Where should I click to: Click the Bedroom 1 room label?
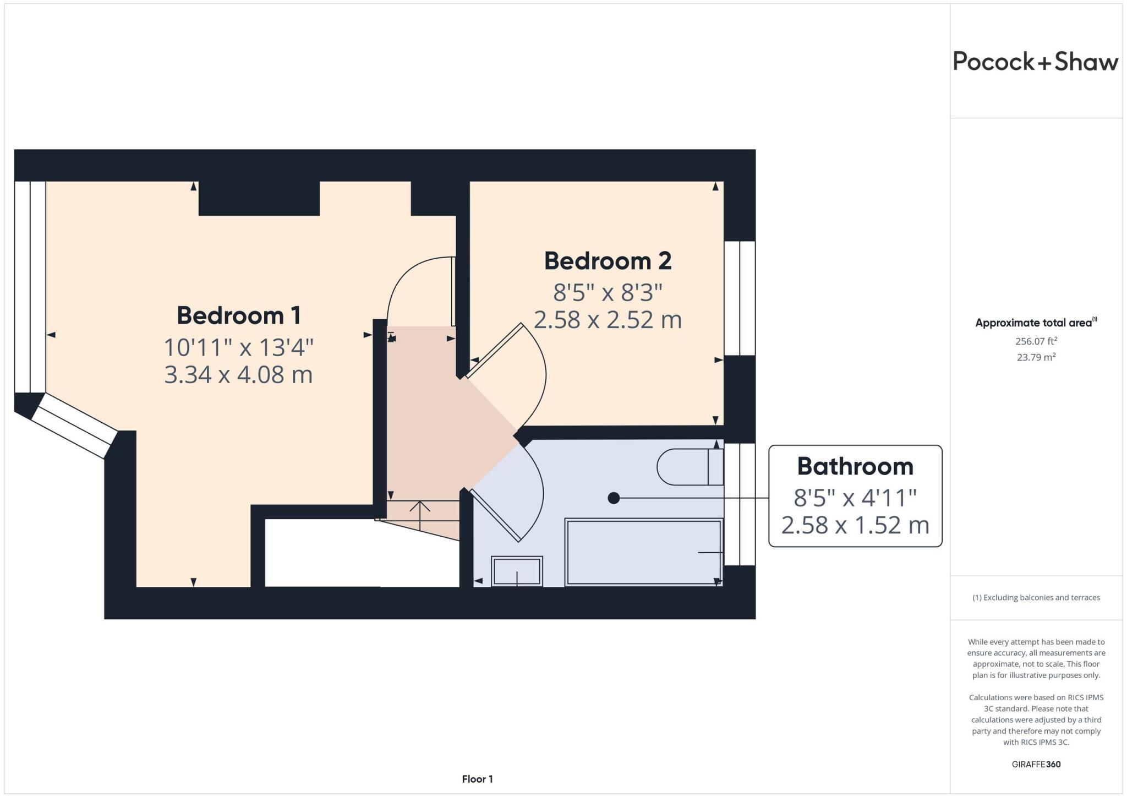[x=238, y=315]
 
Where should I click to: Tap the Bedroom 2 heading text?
[x=608, y=261]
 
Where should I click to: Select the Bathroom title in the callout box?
[x=855, y=466]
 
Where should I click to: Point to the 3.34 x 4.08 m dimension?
[x=238, y=375]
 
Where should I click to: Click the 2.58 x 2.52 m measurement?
[x=608, y=320]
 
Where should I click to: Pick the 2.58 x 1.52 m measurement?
[x=855, y=525]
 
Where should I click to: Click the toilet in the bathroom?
[x=690, y=467]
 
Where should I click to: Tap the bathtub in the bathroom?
[x=643, y=552]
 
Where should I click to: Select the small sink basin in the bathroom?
[x=517, y=571]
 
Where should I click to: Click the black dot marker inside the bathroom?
[x=614, y=498]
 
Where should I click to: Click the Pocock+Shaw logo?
[x=1035, y=61]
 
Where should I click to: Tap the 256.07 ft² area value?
[x=1036, y=341]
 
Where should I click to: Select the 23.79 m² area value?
[x=1036, y=357]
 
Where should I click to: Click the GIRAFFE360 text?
[x=1036, y=764]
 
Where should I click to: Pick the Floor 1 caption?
[x=477, y=779]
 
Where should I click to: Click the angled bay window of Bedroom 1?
[x=74, y=426]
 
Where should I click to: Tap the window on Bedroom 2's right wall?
[x=739, y=298]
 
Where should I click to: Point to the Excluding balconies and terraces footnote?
[x=1036, y=597]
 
